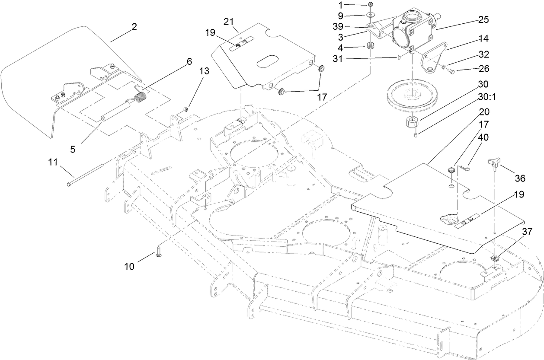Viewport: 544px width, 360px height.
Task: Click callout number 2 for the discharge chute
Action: click(x=134, y=27)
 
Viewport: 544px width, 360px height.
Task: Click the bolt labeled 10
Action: click(x=159, y=251)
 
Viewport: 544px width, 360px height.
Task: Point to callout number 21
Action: click(x=229, y=22)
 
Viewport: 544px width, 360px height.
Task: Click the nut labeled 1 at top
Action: click(x=371, y=5)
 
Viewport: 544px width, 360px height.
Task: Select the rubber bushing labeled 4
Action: click(x=370, y=46)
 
